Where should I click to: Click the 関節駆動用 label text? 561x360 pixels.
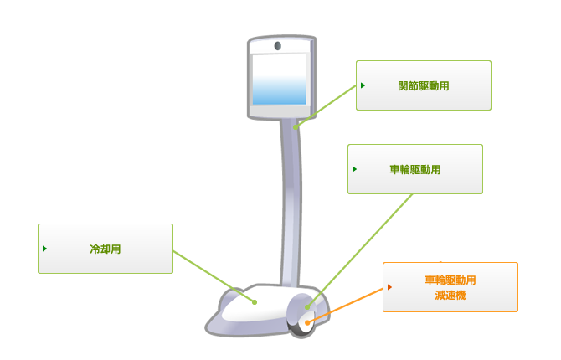[423, 86]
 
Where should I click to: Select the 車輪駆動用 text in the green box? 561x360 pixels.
[415, 169]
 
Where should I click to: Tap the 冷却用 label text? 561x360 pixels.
[106, 249]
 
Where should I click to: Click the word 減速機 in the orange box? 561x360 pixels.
[450, 296]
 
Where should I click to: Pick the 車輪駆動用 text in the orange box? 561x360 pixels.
[450, 280]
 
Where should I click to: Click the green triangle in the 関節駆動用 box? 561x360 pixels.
[363, 85]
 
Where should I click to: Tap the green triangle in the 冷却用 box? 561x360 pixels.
[44, 249]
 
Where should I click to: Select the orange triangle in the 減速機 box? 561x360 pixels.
[389, 287]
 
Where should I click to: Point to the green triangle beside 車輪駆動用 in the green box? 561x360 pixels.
[354, 169]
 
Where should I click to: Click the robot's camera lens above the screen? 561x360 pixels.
[278, 46]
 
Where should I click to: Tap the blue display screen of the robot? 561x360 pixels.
[280, 79]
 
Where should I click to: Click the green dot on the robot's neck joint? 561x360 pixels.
[296, 127]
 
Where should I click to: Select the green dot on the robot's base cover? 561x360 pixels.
[255, 302]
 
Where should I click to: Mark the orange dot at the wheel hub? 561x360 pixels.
[307, 323]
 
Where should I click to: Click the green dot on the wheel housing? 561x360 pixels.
[307, 307]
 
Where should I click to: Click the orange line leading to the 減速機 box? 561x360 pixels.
[345, 306]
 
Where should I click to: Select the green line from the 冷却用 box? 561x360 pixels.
[214, 276]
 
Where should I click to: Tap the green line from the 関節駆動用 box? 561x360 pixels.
[326, 106]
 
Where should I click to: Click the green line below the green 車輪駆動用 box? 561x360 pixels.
[359, 250]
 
